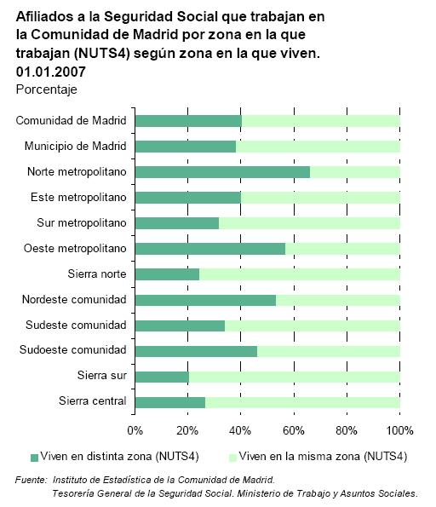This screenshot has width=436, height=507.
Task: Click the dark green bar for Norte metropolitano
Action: coord(222,172)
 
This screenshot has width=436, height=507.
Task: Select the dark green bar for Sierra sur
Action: coord(162,377)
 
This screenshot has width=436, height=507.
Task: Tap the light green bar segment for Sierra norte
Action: coord(300,274)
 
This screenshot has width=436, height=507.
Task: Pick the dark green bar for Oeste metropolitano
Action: coord(210,249)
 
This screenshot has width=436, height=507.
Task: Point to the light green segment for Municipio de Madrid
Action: coord(318,147)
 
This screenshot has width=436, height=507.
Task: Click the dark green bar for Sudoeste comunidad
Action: coord(196,351)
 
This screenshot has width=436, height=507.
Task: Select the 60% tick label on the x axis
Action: coord(294,430)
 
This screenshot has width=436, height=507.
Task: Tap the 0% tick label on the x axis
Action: coord(135,430)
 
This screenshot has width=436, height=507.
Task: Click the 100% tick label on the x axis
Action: coord(399,430)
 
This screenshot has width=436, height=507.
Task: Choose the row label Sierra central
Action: coord(93,401)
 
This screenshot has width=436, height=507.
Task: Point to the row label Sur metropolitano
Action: coord(82,222)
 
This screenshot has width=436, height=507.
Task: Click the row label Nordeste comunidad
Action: coord(74,299)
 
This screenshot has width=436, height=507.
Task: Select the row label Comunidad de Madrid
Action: coord(71,121)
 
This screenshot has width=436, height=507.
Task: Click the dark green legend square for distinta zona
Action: coord(34,458)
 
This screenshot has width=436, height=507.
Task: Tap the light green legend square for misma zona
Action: coord(232,458)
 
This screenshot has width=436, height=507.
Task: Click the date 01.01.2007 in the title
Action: coord(51,72)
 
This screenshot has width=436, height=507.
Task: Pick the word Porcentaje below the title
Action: coord(47,89)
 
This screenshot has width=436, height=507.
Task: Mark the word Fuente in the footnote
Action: coord(31,480)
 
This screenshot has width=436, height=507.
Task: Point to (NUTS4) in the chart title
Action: coord(102,54)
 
